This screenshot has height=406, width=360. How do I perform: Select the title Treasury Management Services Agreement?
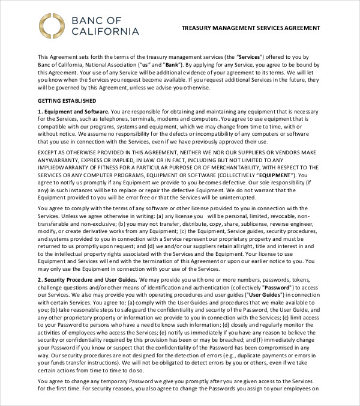click(x=251, y=28)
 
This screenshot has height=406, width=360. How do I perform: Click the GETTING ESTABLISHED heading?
click(x=67, y=100)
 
